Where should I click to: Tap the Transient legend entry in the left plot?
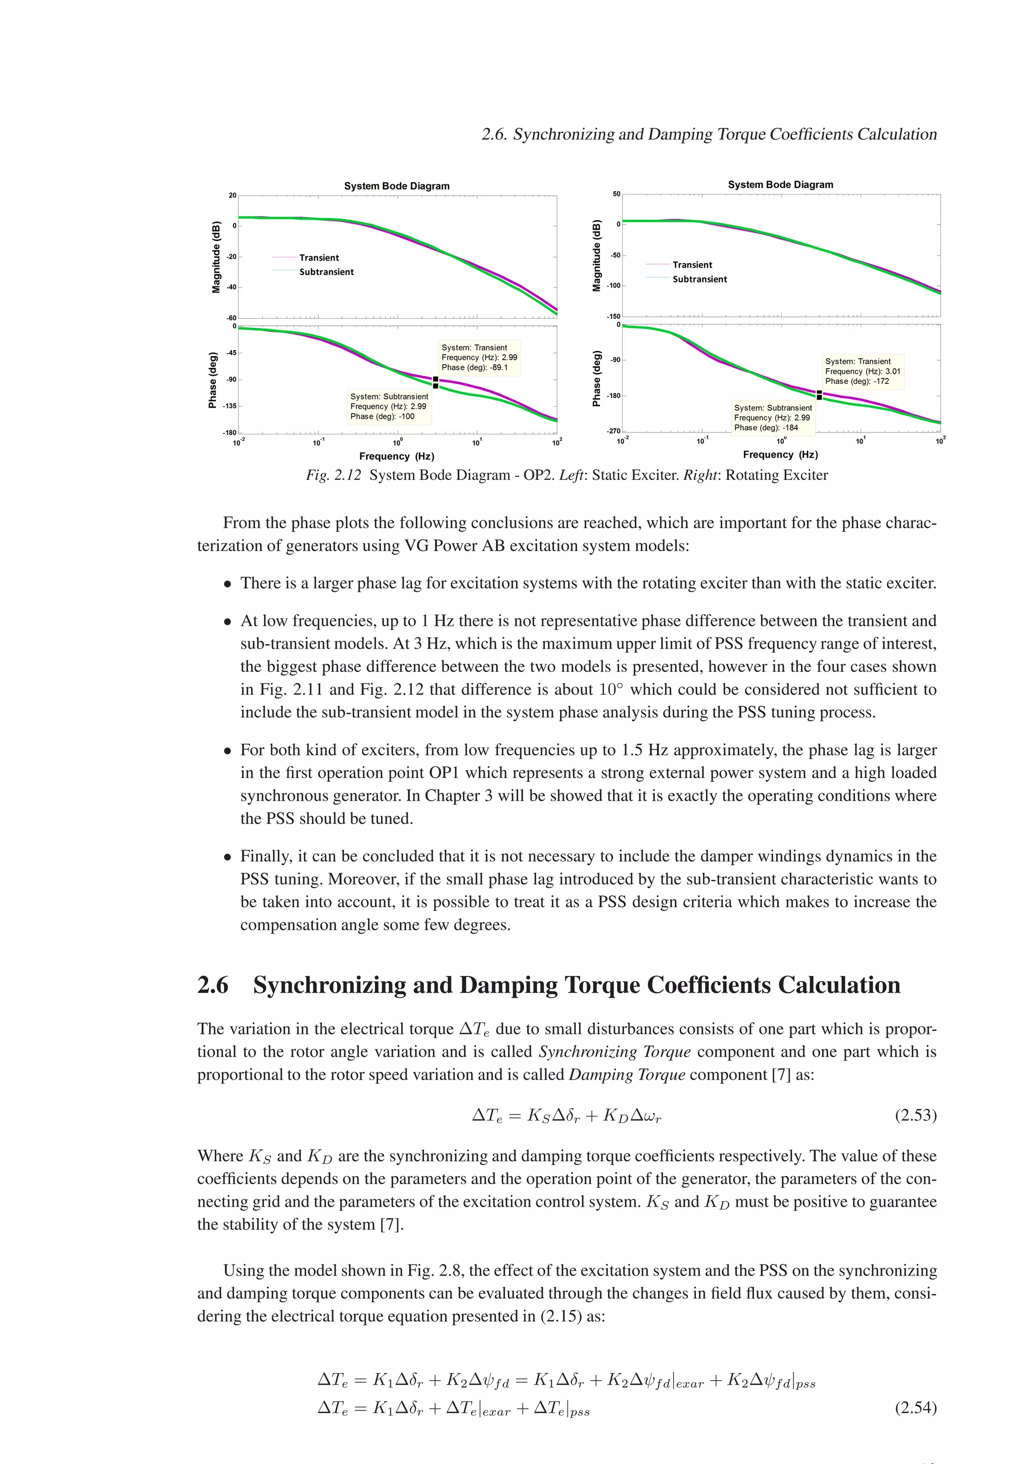point(319,258)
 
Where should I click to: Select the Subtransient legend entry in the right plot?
point(699,279)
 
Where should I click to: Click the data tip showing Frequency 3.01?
point(863,371)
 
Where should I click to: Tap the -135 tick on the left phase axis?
point(229,406)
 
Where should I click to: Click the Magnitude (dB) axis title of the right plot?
point(597,256)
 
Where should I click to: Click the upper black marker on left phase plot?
point(436,379)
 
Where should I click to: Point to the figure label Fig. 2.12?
point(333,475)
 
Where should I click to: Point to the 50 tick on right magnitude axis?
point(616,194)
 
